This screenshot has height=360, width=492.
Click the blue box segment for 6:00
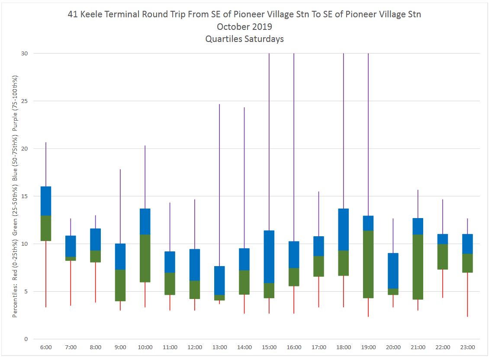tap(46, 201)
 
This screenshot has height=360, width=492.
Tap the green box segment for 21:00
tap(418, 267)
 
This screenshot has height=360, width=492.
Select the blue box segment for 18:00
tap(344, 229)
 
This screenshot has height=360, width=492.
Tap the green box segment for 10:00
tap(145, 258)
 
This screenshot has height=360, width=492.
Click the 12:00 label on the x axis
tap(194, 347)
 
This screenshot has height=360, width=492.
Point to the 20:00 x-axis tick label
tap(393, 347)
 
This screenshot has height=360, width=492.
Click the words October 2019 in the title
tap(244, 26)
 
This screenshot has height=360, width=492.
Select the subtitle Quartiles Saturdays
tap(244, 39)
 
